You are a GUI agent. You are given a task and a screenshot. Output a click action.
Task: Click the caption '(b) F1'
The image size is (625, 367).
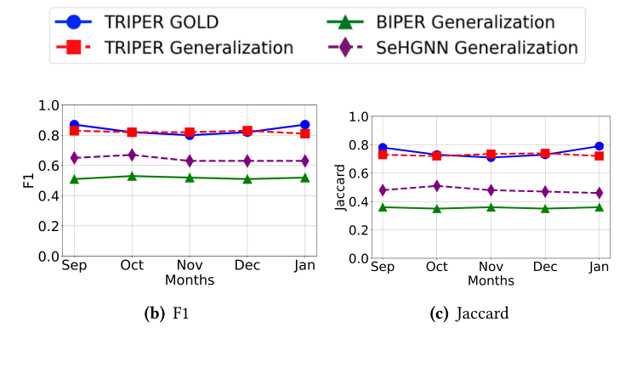[x=168, y=313]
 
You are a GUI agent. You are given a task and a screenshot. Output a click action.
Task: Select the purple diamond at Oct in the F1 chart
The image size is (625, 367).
[x=131, y=155]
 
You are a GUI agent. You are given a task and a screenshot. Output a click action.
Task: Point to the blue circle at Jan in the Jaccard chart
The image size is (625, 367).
[x=599, y=146]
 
